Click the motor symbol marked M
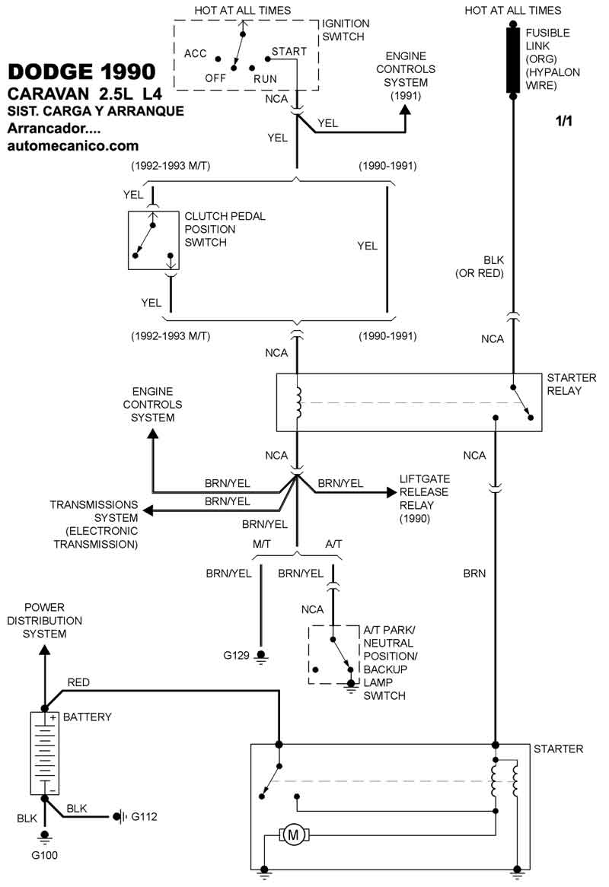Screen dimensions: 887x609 [293, 835]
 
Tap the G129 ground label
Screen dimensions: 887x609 [237, 654]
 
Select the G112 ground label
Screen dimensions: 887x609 [145, 817]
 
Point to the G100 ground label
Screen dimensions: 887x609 [44, 855]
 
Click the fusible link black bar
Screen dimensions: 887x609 [513, 61]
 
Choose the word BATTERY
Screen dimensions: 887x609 [87, 717]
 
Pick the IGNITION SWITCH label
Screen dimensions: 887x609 [345, 30]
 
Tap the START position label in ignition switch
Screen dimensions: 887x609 [290, 52]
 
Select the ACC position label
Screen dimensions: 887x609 [196, 52]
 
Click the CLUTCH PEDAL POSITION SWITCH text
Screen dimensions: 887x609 [225, 229]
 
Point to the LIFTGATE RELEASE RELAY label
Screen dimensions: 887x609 [425, 498]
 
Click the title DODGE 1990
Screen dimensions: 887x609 [81, 72]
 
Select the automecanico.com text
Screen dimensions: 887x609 [73, 145]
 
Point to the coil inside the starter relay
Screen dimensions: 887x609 [298, 403]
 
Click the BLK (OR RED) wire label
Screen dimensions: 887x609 [480, 265]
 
